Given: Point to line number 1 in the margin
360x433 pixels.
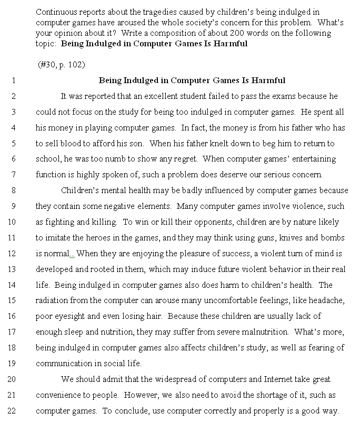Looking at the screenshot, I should click(13, 80).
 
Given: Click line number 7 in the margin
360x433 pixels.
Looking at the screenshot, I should click(13, 175).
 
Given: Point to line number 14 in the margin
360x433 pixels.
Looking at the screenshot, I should click(13, 285).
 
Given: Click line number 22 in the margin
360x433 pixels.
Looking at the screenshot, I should click(13, 411).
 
